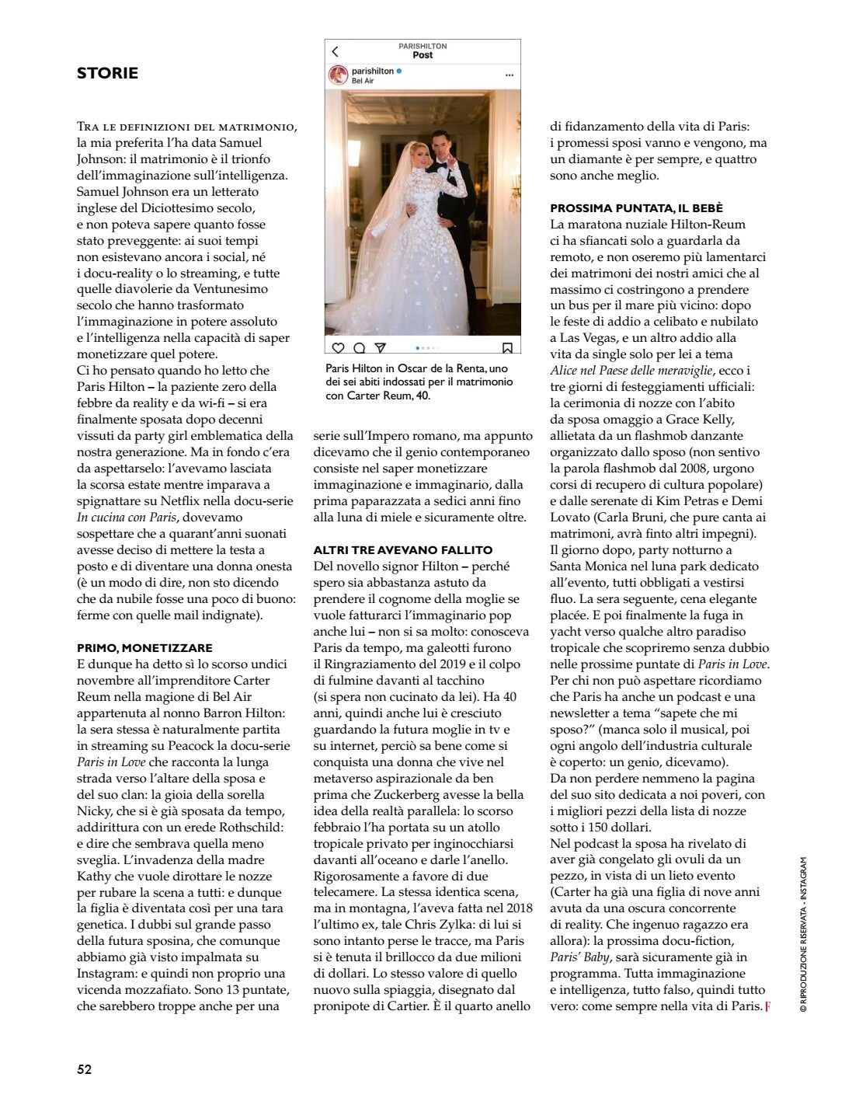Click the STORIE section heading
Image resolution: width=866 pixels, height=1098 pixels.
(x=107, y=73)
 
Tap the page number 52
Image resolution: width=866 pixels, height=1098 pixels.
(x=85, y=1069)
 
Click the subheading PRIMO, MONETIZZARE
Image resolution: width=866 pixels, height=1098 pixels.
(x=144, y=647)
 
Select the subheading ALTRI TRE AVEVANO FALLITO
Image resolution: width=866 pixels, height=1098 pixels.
(x=402, y=550)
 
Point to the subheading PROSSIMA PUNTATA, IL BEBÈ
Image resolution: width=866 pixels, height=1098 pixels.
(x=636, y=208)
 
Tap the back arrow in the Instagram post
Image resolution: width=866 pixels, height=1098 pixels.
(x=336, y=52)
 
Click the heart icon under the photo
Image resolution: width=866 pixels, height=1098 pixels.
(x=338, y=348)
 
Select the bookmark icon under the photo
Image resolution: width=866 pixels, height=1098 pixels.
(x=507, y=348)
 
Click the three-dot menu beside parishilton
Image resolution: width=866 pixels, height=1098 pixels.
(x=510, y=75)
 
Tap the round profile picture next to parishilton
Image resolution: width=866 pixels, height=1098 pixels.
(x=339, y=75)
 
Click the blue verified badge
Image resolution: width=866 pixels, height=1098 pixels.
(x=399, y=71)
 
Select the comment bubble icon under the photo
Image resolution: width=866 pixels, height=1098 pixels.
(x=360, y=348)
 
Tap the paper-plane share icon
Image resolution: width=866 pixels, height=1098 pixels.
(x=380, y=348)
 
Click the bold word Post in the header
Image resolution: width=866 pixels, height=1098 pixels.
(x=423, y=55)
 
